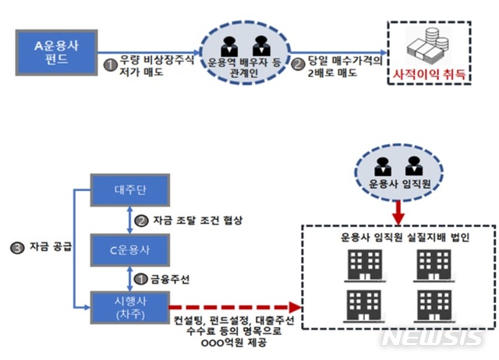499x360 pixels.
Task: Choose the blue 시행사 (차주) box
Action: pyautogui.click(x=126, y=305)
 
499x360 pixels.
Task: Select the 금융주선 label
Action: pyautogui.click(x=168, y=277)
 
